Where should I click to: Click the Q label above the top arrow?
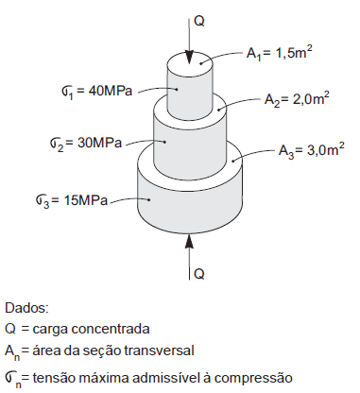click(197, 17)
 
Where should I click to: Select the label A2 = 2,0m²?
click(298, 99)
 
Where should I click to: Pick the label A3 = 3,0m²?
click(312, 149)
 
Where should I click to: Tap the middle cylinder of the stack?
click(191, 132)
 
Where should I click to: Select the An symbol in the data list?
click(12, 352)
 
